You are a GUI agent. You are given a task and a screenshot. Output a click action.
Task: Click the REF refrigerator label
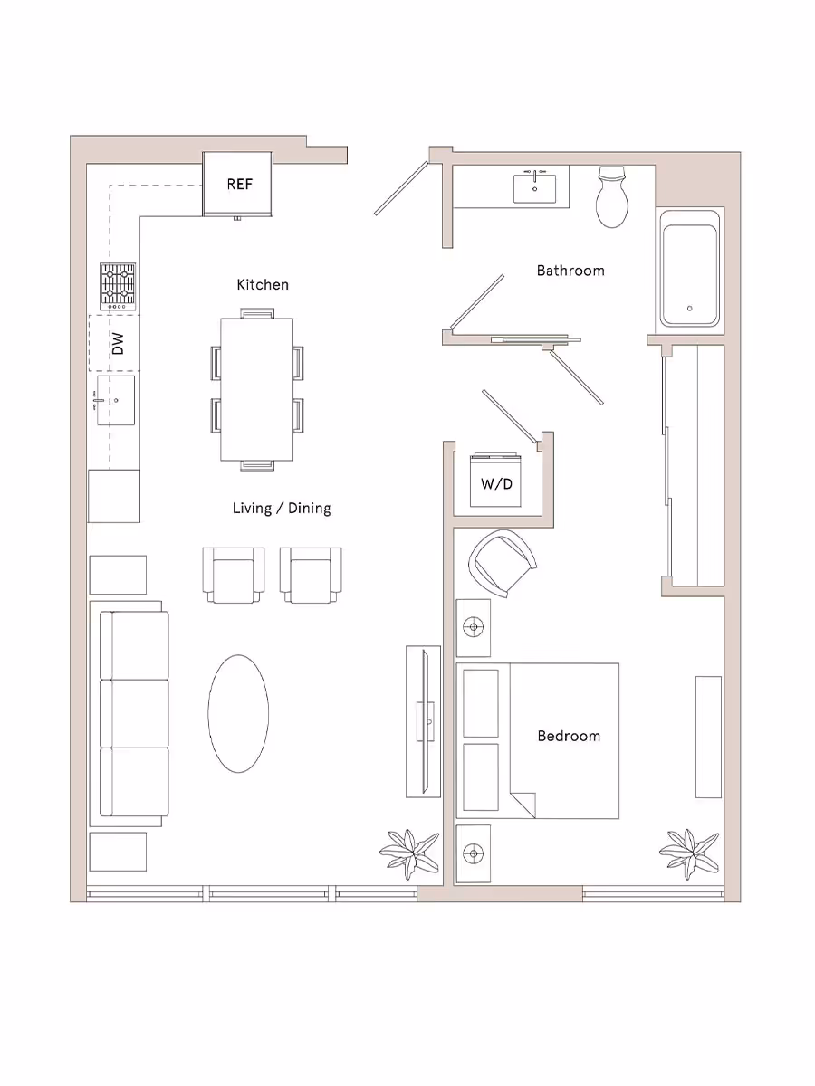coord(239,184)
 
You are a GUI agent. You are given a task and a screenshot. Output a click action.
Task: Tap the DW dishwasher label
coord(116,343)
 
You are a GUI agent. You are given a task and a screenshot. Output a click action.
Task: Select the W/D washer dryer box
coord(496,483)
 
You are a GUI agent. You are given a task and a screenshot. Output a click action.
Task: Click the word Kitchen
coord(263,285)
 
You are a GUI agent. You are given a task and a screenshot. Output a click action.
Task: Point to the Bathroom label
coord(570,271)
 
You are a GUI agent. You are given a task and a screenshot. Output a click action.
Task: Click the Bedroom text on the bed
coord(569,736)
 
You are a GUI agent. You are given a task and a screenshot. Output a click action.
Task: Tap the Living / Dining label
coord(282,508)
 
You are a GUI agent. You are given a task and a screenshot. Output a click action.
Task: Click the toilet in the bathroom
coord(613,196)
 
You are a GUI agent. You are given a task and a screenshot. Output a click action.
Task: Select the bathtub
coord(690,269)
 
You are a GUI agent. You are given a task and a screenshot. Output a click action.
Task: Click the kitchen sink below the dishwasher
coord(114,399)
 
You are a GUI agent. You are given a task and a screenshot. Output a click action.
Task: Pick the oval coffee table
coord(238,713)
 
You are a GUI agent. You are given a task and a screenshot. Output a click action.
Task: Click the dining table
coord(257,389)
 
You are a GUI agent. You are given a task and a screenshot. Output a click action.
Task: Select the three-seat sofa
coord(134,714)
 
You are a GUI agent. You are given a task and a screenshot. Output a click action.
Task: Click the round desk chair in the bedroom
coord(502,562)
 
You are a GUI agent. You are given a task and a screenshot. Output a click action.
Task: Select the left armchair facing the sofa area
coord(234,575)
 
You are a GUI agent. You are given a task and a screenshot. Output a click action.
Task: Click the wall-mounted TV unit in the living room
coord(423,720)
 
